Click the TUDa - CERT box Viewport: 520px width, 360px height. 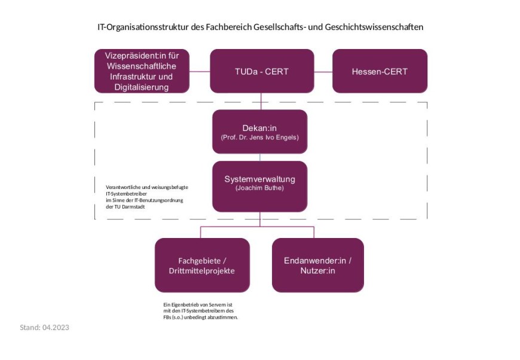click(261, 71)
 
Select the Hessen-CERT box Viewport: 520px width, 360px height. click(380, 71)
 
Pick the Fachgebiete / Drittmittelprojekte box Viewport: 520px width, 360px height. click(202, 265)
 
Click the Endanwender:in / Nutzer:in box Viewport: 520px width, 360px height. click(317, 265)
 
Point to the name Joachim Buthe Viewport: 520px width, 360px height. click(259, 188)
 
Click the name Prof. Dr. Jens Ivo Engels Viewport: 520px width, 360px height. click(259, 137)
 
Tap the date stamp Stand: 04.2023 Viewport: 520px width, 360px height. click(45, 327)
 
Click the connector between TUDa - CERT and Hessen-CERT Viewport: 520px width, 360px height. click(323, 72)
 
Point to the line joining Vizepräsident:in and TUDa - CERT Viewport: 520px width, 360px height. click(200, 72)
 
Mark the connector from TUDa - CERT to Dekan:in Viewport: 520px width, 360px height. click(261, 101)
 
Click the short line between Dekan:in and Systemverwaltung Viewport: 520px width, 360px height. click(260, 157)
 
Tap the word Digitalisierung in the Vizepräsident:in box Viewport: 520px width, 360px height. click(142, 87)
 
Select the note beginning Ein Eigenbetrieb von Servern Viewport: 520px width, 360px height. click(200, 311)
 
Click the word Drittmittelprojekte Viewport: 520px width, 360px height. click(202, 271)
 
